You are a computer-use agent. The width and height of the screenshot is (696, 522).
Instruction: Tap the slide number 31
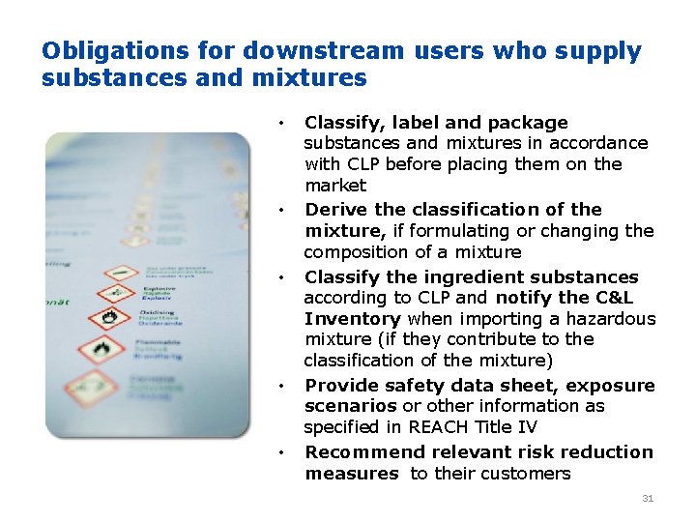(648, 499)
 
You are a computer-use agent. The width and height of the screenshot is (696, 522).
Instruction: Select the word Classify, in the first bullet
(339, 123)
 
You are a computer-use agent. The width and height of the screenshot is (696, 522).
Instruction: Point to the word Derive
(333, 210)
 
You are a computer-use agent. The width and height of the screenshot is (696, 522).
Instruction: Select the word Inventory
(353, 319)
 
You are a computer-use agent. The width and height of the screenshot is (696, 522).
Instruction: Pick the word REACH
(440, 426)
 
